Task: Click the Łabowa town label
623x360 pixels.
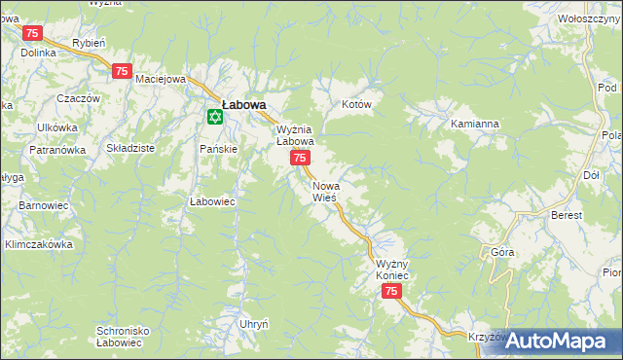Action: click(243, 104)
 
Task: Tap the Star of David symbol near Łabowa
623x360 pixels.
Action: click(214, 117)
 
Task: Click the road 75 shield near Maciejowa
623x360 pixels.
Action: click(122, 70)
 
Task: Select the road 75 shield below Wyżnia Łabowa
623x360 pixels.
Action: click(301, 158)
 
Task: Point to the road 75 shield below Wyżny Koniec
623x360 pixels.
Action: click(391, 292)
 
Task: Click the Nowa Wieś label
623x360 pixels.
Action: click(325, 191)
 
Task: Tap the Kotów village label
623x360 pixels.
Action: click(357, 104)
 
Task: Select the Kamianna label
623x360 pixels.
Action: click(475, 125)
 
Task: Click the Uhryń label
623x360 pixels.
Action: click(253, 323)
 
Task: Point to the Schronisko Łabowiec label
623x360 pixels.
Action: click(122, 337)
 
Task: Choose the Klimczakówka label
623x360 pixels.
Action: click(39, 244)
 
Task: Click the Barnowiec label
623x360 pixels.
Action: click(43, 206)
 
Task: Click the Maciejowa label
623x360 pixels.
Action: click(161, 79)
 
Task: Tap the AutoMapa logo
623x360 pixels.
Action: click(556, 341)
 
